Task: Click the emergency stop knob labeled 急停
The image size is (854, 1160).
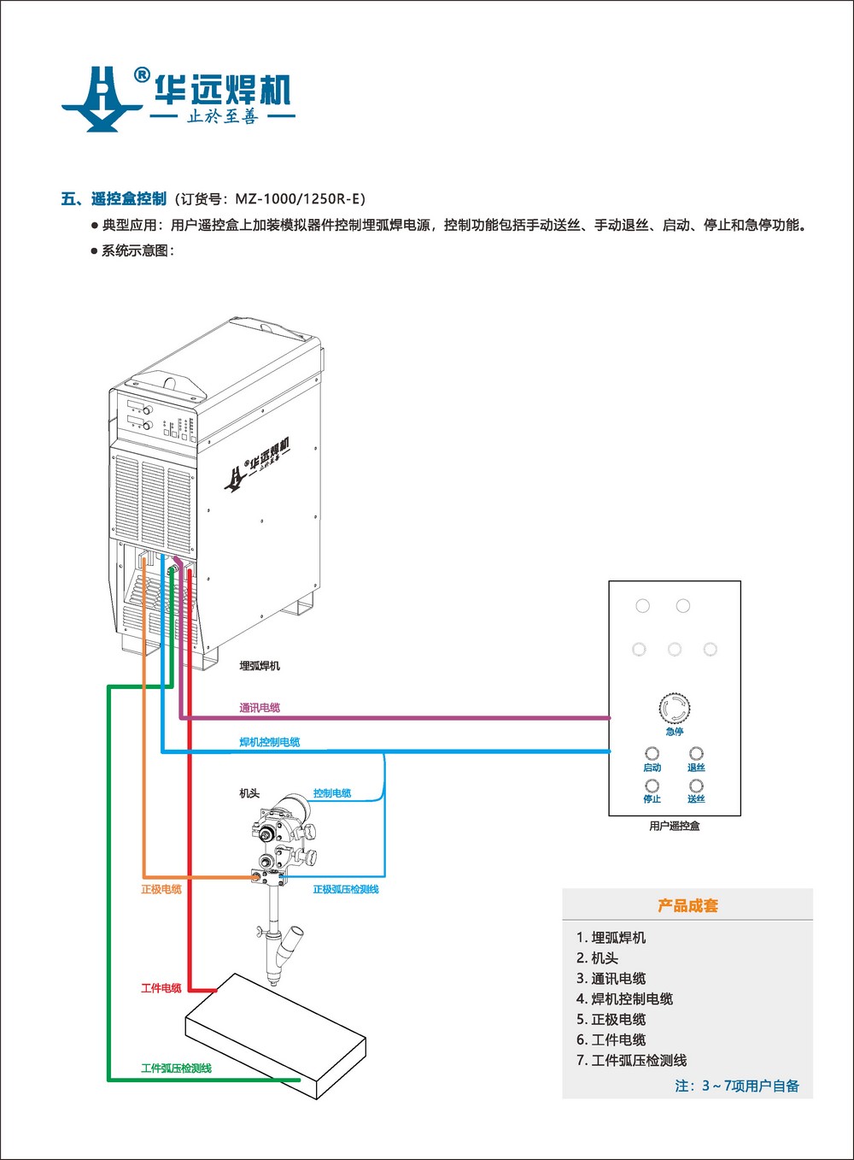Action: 674,709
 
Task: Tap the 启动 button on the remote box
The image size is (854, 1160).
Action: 652,754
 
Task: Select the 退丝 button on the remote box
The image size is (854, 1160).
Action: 696,754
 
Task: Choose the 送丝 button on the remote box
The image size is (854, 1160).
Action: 696,786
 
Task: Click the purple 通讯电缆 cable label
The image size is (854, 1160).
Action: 260,708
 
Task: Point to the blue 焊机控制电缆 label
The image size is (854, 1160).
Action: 270,742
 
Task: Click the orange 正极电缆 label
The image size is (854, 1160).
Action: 161,889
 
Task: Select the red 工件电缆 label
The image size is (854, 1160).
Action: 161,988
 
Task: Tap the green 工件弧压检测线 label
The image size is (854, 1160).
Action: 176,1069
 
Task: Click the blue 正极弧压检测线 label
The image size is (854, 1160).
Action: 346,889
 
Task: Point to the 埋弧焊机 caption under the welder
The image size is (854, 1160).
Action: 260,666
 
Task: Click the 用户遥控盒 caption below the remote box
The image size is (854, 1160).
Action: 674,826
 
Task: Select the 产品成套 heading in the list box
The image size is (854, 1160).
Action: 687,905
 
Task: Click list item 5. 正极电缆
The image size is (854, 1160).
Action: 611,1019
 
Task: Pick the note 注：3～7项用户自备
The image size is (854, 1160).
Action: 737,1086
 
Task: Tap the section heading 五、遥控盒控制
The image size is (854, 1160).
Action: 114,199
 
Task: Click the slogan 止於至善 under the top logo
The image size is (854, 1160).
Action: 222,116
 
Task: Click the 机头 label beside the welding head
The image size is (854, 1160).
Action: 249,793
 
